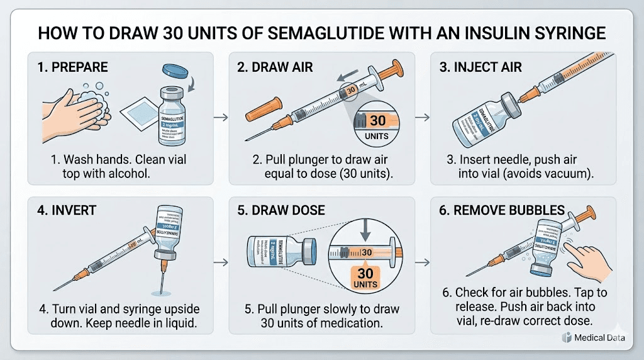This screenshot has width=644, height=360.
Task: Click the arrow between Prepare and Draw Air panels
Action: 219,118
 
